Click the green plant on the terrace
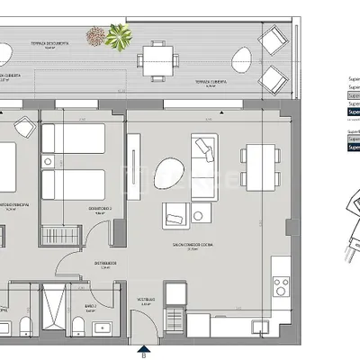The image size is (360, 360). coord(118,37)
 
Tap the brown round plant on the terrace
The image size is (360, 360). coord(95,36)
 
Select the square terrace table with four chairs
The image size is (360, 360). coord(157,61)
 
